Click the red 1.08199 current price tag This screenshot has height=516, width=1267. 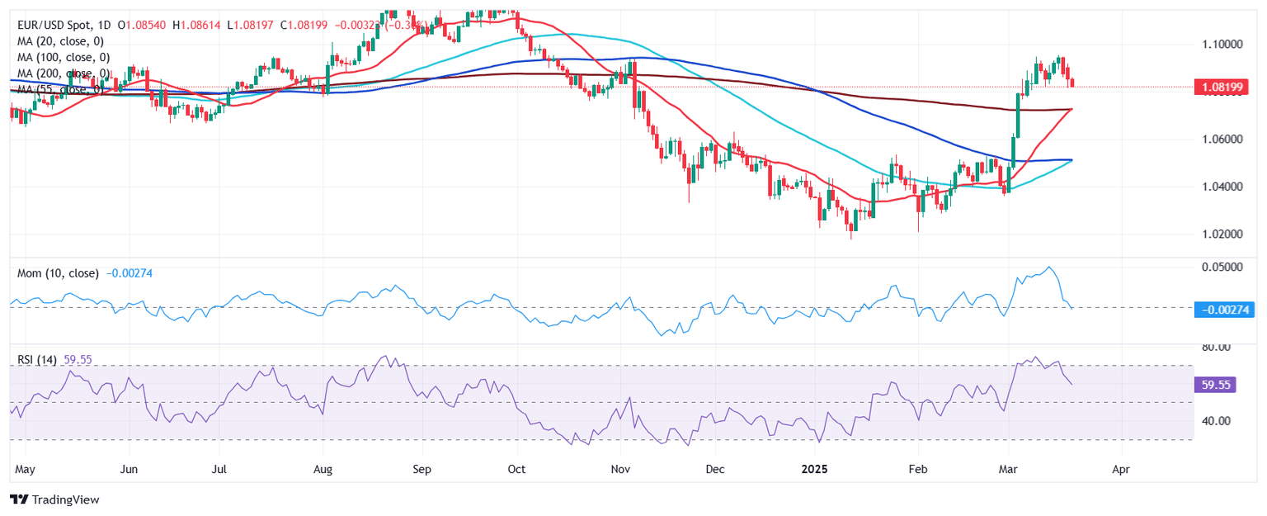click(x=1221, y=87)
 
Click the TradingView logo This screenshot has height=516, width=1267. click(x=54, y=499)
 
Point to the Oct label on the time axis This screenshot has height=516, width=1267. click(x=516, y=469)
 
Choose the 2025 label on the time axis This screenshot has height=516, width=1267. click(x=816, y=469)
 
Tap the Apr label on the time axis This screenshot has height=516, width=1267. click(x=1120, y=469)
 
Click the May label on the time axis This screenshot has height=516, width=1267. click(x=26, y=469)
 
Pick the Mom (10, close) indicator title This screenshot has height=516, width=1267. click(x=58, y=273)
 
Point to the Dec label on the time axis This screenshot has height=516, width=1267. click(x=715, y=469)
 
